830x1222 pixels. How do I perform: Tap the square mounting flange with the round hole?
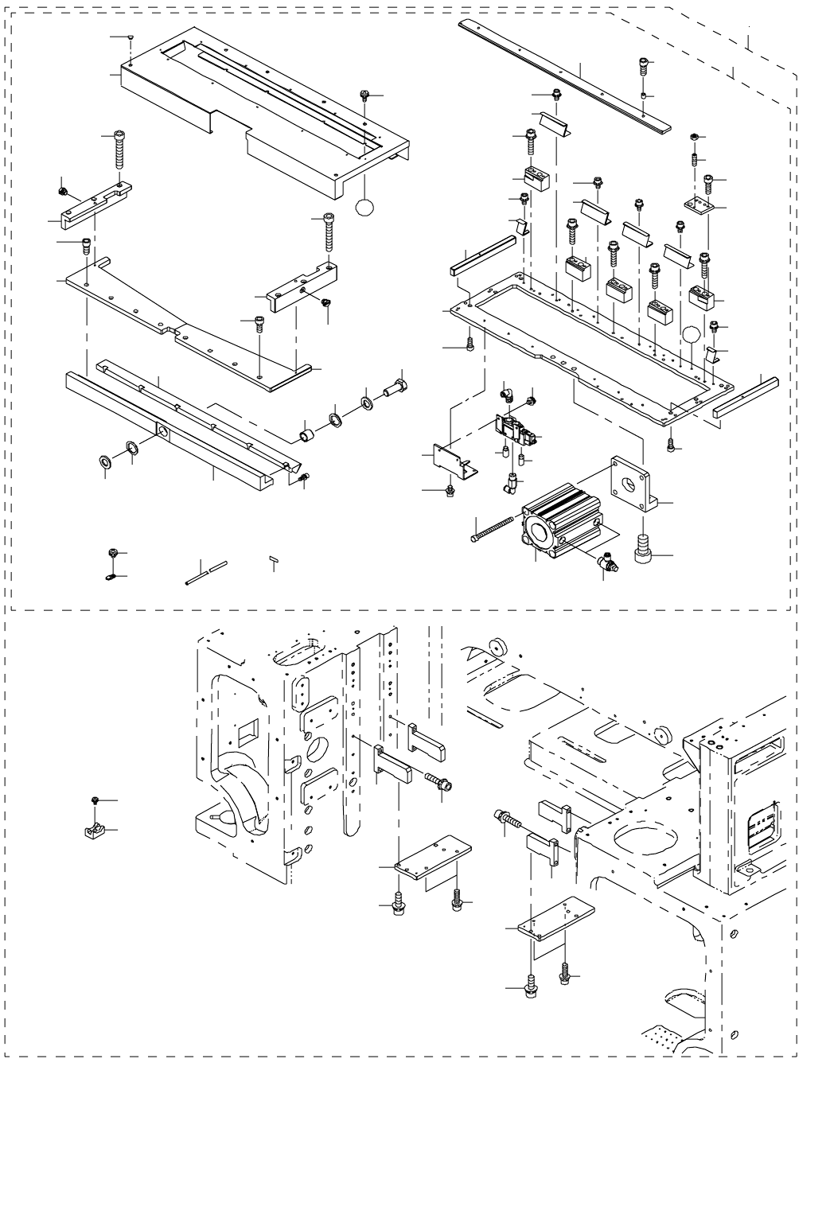click(632, 482)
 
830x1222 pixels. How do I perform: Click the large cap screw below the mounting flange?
click(643, 551)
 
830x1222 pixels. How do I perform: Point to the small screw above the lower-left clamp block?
click(95, 800)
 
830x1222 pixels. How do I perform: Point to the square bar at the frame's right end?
click(744, 398)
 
